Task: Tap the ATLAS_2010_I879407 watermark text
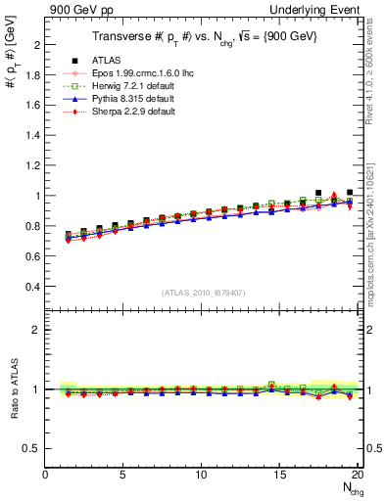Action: (x=204, y=292)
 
